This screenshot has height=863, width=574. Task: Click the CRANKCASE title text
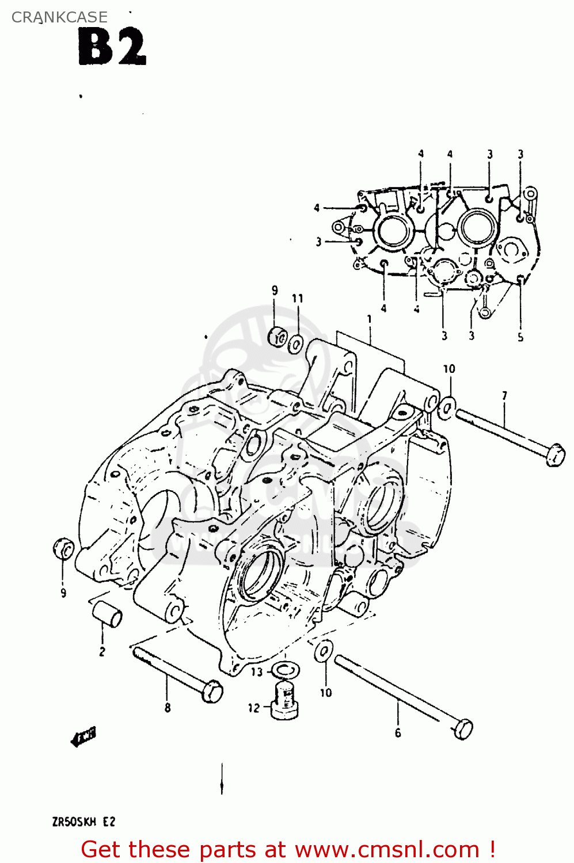(x=59, y=17)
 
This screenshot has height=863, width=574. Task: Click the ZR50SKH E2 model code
(x=83, y=822)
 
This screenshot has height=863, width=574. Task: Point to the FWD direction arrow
(x=83, y=737)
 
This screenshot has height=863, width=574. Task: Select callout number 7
(x=504, y=396)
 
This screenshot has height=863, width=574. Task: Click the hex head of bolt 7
(x=554, y=455)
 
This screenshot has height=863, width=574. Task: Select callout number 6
(x=398, y=732)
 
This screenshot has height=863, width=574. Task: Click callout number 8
(x=168, y=708)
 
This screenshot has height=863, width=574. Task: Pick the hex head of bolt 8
(x=212, y=690)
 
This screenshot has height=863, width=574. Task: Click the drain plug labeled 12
(x=284, y=700)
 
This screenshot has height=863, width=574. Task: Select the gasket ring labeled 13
(x=285, y=670)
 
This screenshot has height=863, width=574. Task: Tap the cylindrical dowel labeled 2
(x=108, y=614)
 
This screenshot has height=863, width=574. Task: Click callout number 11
(x=297, y=298)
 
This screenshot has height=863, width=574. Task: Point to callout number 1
(x=369, y=318)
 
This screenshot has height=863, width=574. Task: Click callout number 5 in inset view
(x=520, y=337)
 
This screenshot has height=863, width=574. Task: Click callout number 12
(x=254, y=708)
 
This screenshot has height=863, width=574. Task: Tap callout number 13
(x=257, y=671)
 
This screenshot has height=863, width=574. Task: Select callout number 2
(x=102, y=652)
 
